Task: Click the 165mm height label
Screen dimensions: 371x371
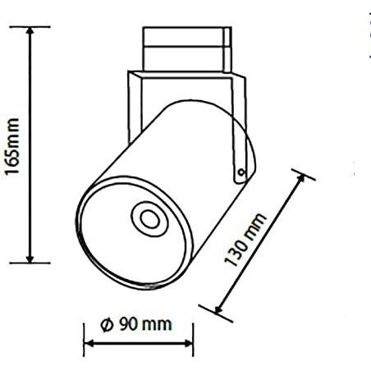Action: tap(12, 146)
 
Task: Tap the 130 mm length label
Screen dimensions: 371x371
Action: tap(245, 240)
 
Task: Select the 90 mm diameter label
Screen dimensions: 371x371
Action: tap(136, 324)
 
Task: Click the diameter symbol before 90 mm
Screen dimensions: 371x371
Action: tap(107, 325)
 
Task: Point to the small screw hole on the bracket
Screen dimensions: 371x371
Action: tap(240, 172)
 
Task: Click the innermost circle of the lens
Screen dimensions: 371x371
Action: tap(149, 219)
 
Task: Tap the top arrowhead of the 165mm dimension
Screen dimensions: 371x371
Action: tap(30, 30)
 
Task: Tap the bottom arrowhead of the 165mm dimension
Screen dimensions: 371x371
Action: tap(30, 259)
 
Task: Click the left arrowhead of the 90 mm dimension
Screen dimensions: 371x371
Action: tap(88, 343)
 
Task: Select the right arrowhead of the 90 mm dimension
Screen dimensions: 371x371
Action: tap(190, 343)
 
